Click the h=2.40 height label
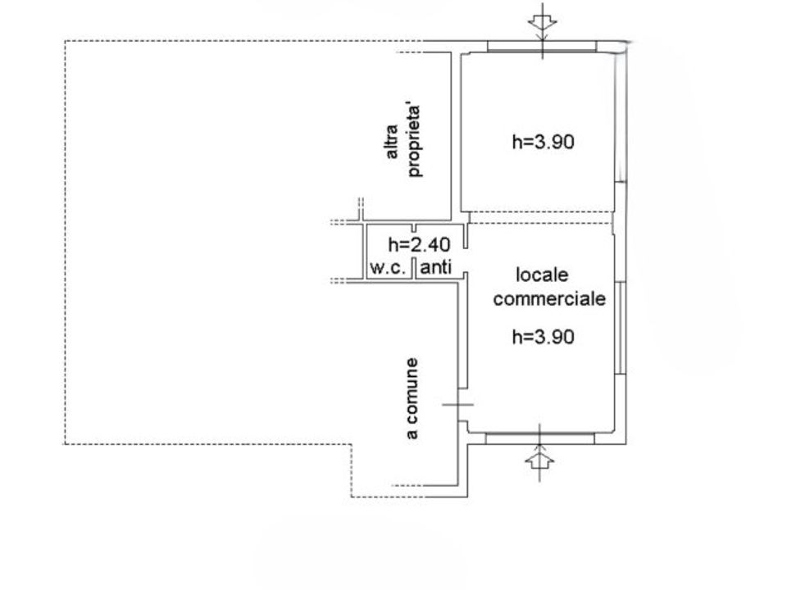419,244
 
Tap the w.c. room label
388,267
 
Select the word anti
435,267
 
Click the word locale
542,275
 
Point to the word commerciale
549,298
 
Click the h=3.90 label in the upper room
543,142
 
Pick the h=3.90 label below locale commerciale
543,336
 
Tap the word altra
392,142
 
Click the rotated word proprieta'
414,140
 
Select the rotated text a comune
412,398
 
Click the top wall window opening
542,46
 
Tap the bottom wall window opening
540,438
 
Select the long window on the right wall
621,328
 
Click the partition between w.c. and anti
414,268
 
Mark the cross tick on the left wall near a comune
457,404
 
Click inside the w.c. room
389,251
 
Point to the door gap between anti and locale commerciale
466,261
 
